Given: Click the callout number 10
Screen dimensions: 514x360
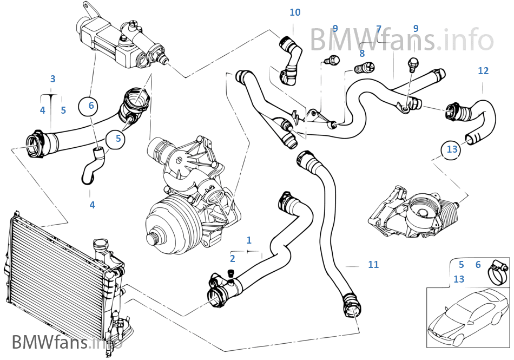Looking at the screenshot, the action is click(x=295, y=12).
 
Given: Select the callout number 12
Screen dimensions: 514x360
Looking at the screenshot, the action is click(x=483, y=71).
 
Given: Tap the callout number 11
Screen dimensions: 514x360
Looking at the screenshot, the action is click(x=373, y=265).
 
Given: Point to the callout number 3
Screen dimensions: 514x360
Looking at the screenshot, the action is click(x=52, y=79).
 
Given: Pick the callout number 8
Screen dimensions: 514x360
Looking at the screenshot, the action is click(x=362, y=53).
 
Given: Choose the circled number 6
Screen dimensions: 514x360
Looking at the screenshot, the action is click(x=91, y=106).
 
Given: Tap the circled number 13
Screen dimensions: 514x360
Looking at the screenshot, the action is click(x=452, y=148).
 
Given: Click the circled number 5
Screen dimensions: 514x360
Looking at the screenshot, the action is click(x=117, y=139).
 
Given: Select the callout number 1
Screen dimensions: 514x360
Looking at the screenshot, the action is click(x=249, y=239).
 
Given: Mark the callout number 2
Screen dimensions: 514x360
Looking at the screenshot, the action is click(x=232, y=258).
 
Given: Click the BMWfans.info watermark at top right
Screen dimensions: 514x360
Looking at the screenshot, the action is click(x=401, y=39).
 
